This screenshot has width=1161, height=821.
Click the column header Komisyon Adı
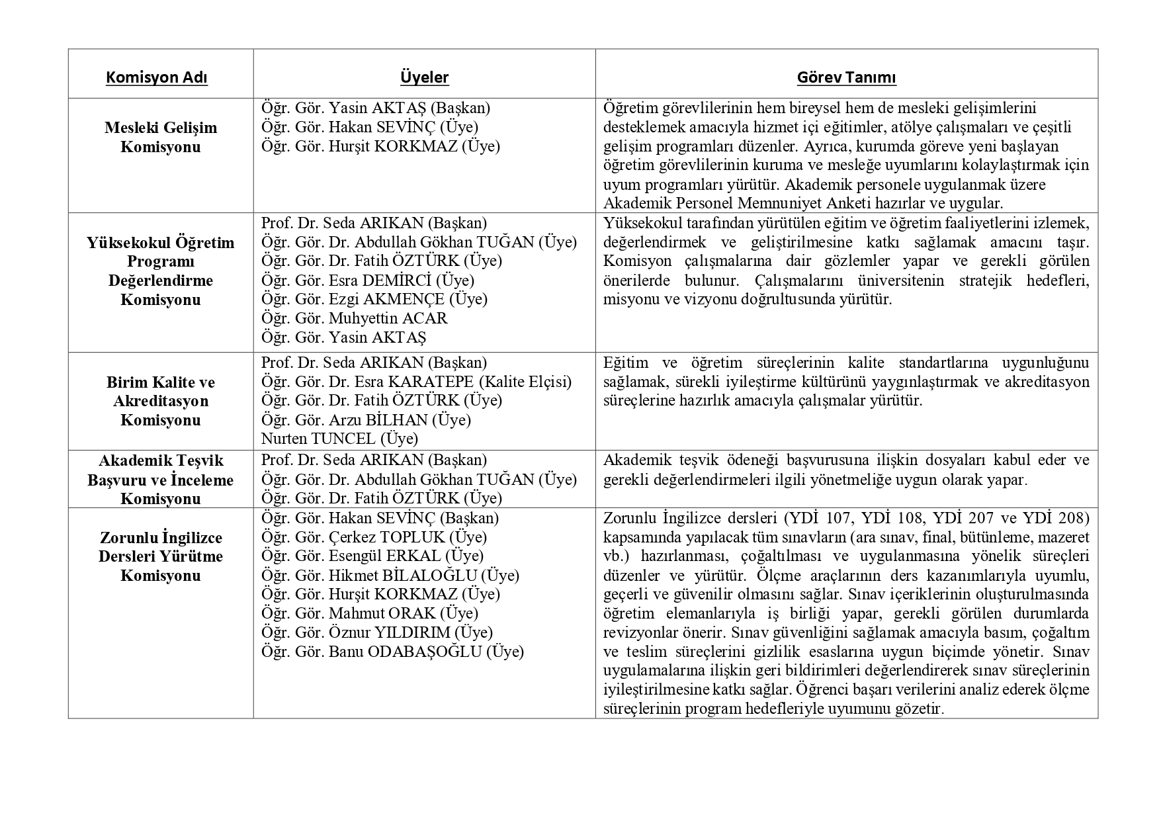pos(157,78)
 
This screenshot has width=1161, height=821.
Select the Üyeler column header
pos(424,78)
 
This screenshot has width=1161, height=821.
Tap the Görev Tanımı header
pos(846,78)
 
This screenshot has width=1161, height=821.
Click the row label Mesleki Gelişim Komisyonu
pos(160,137)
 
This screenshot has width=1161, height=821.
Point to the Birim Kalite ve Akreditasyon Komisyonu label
pos(160,401)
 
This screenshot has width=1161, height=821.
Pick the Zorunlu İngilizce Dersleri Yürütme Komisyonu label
pos(160,556)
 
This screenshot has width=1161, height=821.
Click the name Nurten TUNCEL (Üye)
pos(339,439)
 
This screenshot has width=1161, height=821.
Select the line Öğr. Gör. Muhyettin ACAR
pos(354,318)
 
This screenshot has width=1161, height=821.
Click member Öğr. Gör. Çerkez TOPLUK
pos(374,537)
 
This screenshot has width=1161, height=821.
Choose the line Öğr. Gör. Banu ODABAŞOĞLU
pos(392,652)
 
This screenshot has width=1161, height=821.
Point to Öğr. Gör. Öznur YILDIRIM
pos(376,632)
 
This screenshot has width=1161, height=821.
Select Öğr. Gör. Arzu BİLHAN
pos(366,420)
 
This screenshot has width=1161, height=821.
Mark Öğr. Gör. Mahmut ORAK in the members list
pos(369,613)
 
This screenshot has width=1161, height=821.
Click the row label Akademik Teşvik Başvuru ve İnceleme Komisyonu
pos(160,480)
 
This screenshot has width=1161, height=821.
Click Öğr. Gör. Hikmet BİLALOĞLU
pos(390,576)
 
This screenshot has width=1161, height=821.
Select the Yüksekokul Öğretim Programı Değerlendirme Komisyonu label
pos(160,271)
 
